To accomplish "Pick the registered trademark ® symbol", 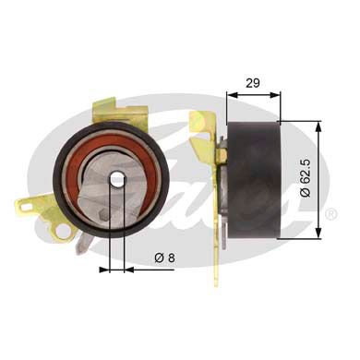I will pyautogui.click(x=330, y=213).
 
